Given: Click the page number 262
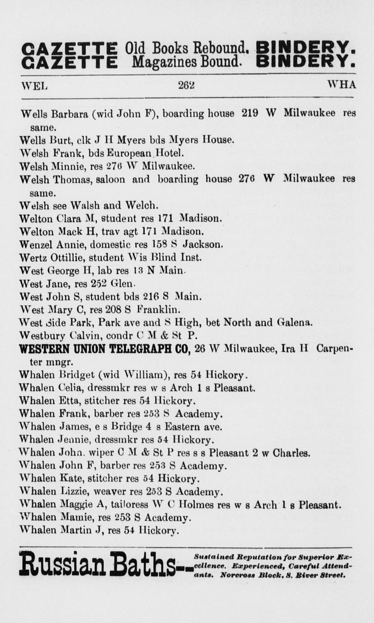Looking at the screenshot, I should coord(186,85).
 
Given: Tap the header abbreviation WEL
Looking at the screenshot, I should coord(34,85).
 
